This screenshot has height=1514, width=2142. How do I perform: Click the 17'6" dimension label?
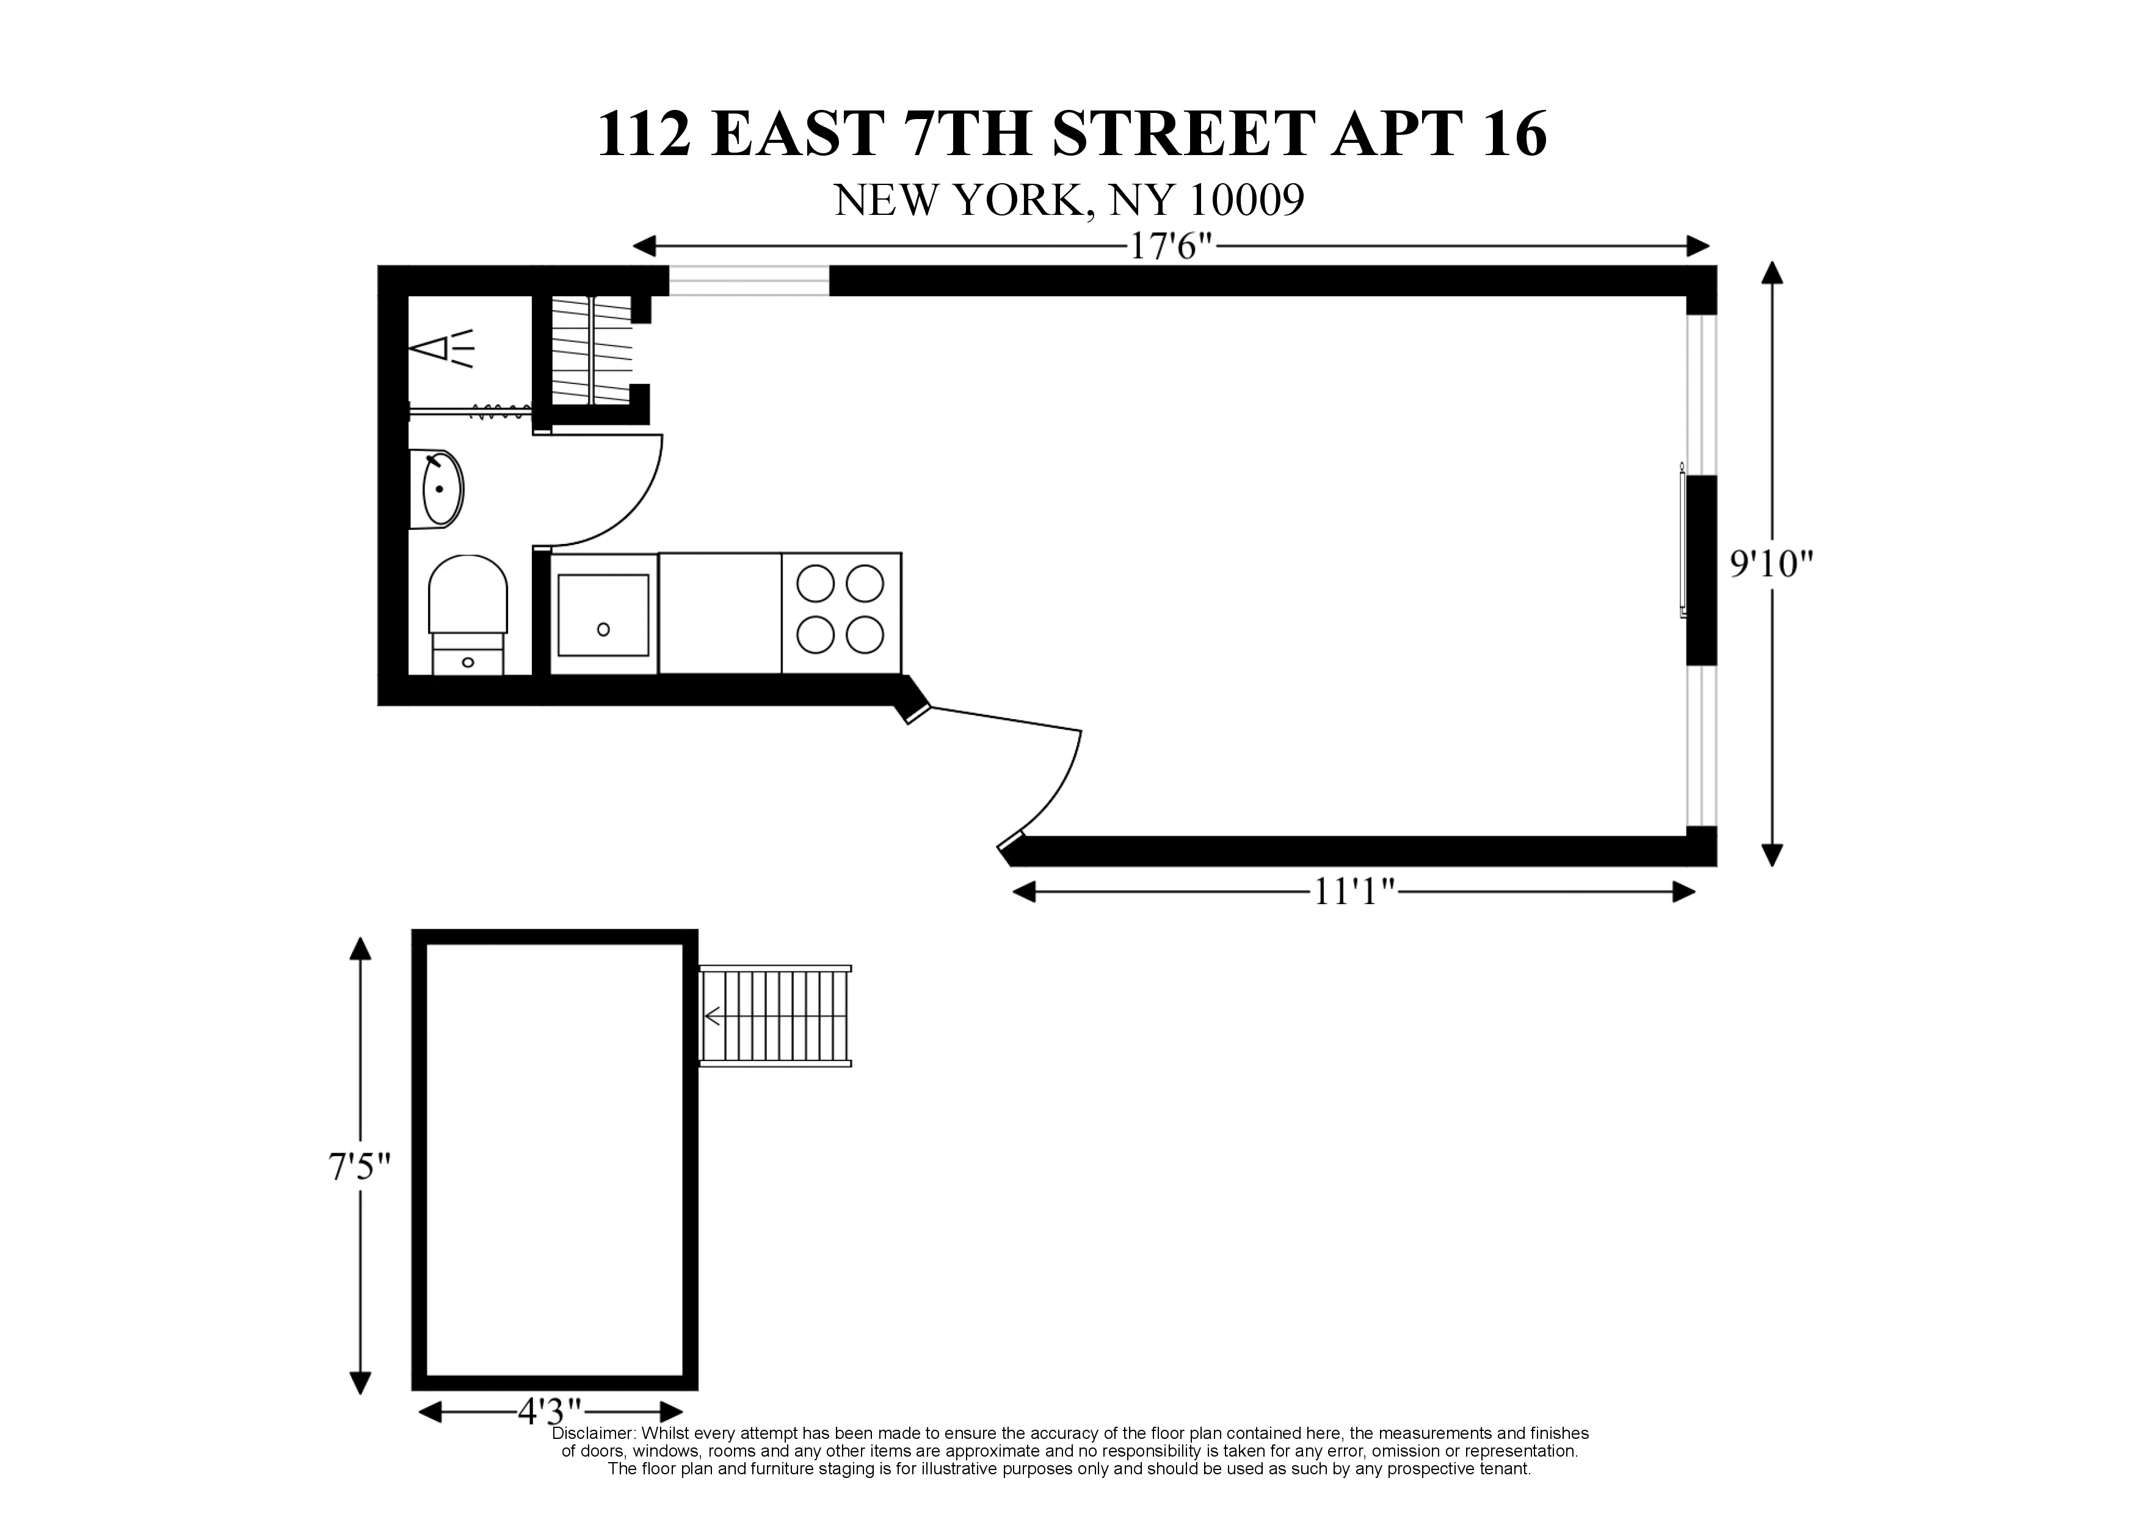[1171, 247]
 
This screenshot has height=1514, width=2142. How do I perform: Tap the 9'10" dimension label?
[1771, 563]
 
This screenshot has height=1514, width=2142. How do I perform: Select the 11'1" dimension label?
[1354, 893]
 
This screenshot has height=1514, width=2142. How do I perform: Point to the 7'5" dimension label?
[359, 1167]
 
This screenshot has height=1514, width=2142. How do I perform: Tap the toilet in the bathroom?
[467, 597]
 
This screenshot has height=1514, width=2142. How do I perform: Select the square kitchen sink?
[603, 615]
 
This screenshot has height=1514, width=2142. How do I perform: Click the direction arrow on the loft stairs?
[714, 1016]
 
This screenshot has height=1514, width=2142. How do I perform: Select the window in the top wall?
[748, 280]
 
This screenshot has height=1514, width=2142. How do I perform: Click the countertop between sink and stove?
[719, 613]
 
